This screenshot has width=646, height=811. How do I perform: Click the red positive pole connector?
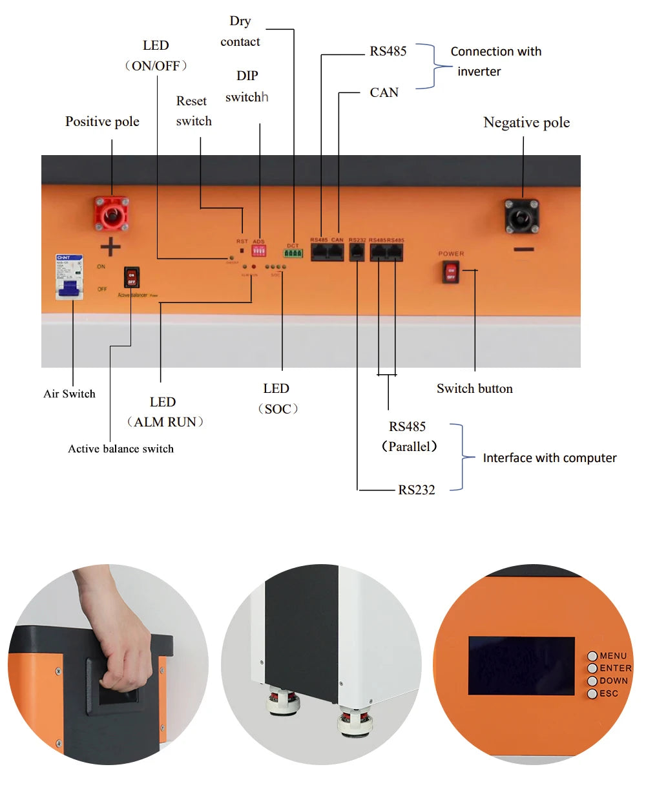pos(112,213)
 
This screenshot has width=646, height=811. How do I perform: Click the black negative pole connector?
pos(522,216)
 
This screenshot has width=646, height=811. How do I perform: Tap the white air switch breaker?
pos(69,277)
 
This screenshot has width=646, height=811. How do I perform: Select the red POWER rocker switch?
pos(451,273)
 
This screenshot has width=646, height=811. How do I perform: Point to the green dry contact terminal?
pos(293,253)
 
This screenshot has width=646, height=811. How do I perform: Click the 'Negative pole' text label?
pos(526,122)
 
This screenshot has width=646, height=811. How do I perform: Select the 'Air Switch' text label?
pos(69,394)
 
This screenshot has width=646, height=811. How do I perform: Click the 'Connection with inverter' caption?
pos(495,61)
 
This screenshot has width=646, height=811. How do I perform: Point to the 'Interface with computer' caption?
pos(549,458)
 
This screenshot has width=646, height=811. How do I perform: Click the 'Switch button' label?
pos(474,388)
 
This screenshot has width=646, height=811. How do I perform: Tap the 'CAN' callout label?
pos(384,92)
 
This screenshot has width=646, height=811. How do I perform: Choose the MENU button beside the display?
pos(592,656)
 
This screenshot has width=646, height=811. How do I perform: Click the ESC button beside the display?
pos(592,693)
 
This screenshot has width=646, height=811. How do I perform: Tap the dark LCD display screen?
pos(521,666)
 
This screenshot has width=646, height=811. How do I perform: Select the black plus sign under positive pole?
pos(110,246)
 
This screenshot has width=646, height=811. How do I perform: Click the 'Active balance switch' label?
pos(121,448)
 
